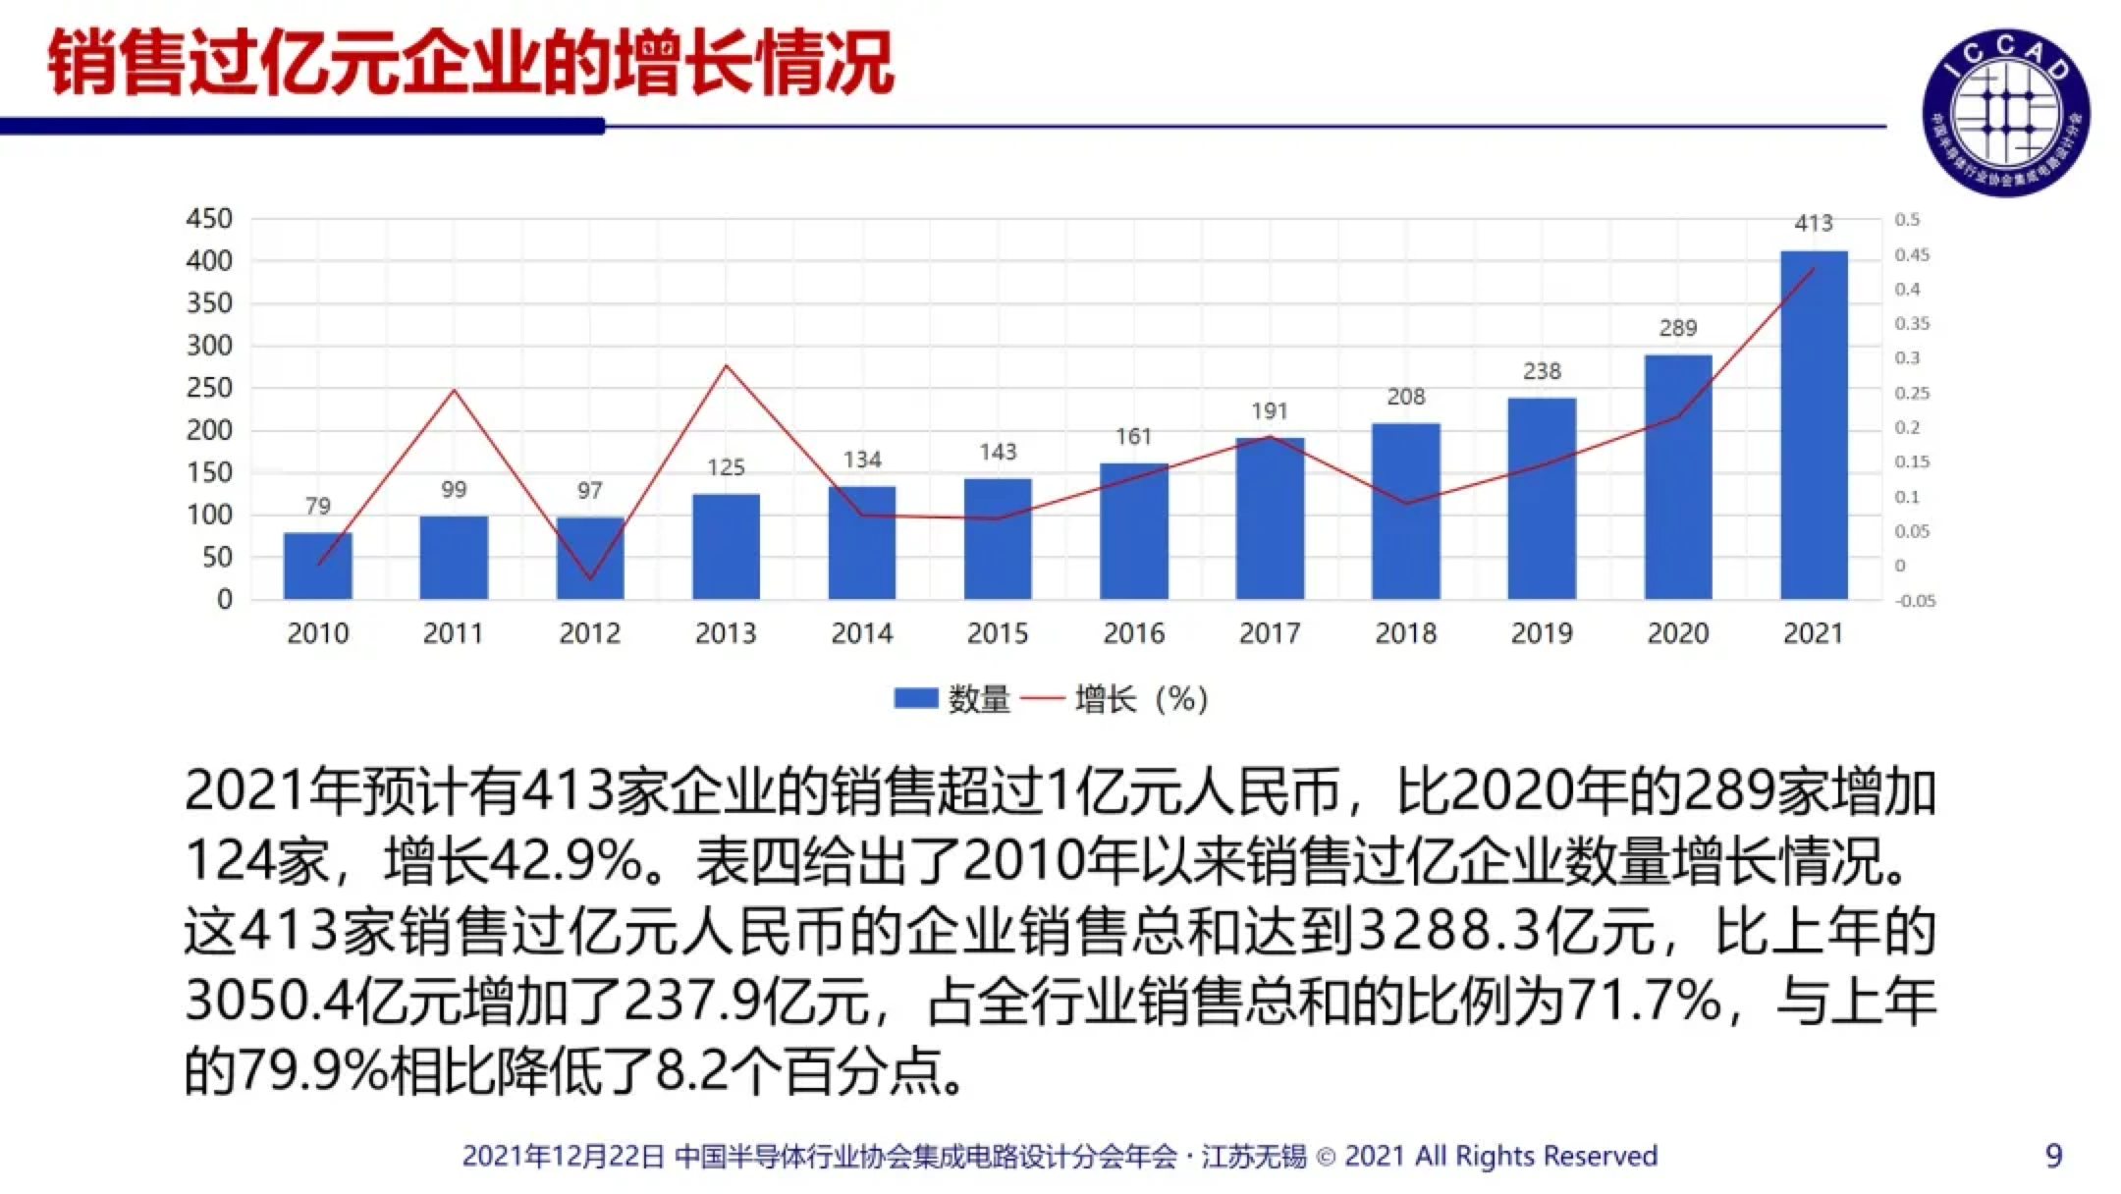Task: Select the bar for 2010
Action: (317, 566)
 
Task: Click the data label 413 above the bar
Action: (1814, 224)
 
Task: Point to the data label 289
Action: (1678, 328)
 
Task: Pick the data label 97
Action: (589, 490)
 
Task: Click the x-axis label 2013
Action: (726, 633)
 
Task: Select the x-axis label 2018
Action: (1405, 633)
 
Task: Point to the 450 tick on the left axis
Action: (209, 219)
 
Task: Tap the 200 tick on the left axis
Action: (209, 430)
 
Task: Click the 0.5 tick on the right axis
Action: (1907, 220)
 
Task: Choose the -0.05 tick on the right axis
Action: (1916, 601)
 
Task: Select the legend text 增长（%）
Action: (1140, 699)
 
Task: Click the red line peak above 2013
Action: (726, 366)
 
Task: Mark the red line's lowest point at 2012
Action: (590, 578)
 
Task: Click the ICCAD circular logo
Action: (2005, 111)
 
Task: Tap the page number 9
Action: (2053, 1156)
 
